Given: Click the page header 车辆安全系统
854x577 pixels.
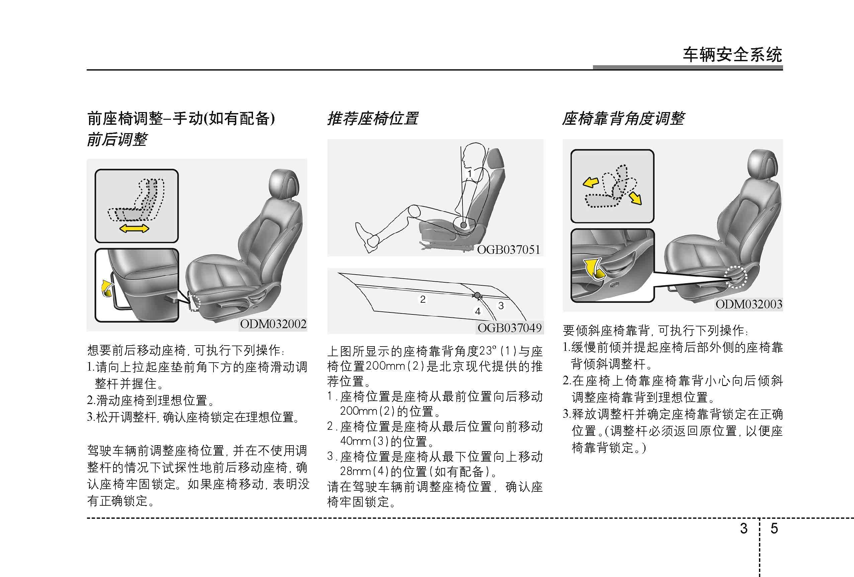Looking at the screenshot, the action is [x=733, y=55].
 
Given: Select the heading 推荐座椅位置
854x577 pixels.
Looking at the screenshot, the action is [x=372, y=119].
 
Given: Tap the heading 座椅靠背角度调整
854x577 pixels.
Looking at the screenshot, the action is [x=623, y=119].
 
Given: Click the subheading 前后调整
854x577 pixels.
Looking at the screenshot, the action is [x=117, y=139].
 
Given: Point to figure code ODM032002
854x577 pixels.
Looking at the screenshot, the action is [x=273, y=324].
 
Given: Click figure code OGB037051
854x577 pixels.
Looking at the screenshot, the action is [x=509, y=250].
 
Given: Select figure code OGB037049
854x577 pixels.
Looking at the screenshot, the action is [x=509, y=327].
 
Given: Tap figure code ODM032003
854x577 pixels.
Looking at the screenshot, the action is [x=749, y=304].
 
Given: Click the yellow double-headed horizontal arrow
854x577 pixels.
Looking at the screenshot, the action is [x=134, y=229].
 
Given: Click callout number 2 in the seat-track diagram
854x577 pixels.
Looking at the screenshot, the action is [x=423, y=299].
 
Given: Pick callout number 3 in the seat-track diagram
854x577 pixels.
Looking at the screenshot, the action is [x=501, y=306].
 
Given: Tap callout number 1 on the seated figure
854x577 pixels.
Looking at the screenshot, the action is [x=469, y=173].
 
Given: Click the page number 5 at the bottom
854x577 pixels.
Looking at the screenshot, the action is [x=774, y=528].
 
